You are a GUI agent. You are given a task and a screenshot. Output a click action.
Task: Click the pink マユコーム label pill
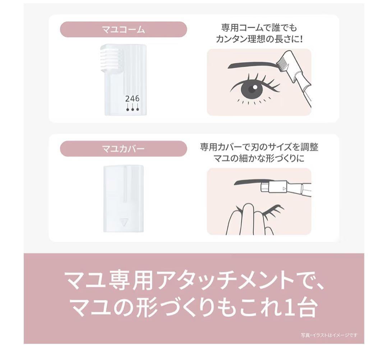[x=123, y=29]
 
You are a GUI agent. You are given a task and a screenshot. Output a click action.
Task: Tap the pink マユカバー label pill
[x=123, y=148]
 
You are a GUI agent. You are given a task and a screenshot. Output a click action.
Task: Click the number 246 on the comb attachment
[x=132, y=99]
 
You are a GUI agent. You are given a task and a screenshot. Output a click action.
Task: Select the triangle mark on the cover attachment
[x=124, y=222]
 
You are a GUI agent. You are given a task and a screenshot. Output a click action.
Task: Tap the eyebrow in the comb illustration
[x=251, y=65]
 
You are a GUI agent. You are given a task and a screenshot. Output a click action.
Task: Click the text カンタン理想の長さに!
[x=259, y=39]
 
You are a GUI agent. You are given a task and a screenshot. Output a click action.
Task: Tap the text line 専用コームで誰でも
[x=259, y=28]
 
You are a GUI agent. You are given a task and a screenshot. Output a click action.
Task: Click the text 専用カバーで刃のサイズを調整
[x=259, y=147]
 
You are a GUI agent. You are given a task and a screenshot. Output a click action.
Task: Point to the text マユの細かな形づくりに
[x=259, y=158]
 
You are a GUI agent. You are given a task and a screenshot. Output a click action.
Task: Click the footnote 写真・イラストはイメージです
[x=329, y=335]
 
